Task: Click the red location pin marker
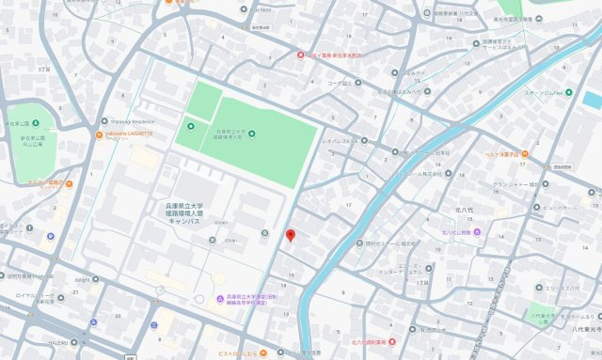point(291,235)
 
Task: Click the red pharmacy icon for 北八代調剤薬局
point(393,341)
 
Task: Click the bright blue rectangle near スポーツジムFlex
point(591,98)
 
